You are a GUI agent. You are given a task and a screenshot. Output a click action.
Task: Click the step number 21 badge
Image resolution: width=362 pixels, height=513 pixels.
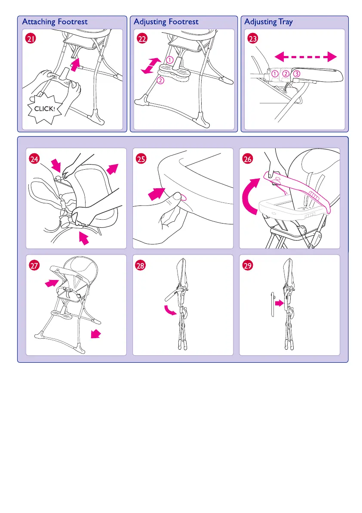31,39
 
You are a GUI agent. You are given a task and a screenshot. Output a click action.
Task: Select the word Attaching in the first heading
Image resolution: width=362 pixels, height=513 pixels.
39,22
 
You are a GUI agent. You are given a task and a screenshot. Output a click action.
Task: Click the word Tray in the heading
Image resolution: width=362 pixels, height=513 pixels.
285,22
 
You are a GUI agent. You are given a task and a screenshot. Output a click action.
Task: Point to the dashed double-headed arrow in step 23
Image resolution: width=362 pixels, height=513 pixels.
306,57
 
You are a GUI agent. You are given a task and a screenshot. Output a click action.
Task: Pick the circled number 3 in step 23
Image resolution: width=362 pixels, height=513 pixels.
296,74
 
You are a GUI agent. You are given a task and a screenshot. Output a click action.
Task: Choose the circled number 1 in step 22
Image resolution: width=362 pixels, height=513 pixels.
169,60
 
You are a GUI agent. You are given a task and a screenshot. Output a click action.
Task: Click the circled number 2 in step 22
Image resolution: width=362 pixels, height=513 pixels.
160,80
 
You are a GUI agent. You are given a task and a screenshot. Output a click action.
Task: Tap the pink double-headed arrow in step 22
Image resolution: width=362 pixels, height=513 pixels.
151,65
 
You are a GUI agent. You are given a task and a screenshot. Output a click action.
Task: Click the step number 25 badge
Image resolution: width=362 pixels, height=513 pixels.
141,159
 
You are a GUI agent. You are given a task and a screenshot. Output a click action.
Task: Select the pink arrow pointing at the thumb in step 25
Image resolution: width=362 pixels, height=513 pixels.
156,194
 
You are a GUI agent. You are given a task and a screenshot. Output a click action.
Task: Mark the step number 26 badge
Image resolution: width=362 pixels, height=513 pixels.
248,159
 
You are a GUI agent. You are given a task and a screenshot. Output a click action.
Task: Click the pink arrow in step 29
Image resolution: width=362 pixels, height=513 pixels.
279,303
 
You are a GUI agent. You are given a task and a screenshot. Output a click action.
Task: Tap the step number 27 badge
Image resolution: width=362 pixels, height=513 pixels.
34,265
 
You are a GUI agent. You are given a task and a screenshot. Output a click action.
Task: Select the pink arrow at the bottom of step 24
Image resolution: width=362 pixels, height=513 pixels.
84,238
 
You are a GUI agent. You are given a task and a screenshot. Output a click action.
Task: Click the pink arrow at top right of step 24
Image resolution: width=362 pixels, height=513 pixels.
112,169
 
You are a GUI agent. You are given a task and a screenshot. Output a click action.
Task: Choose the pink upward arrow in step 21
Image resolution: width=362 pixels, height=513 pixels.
75,65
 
